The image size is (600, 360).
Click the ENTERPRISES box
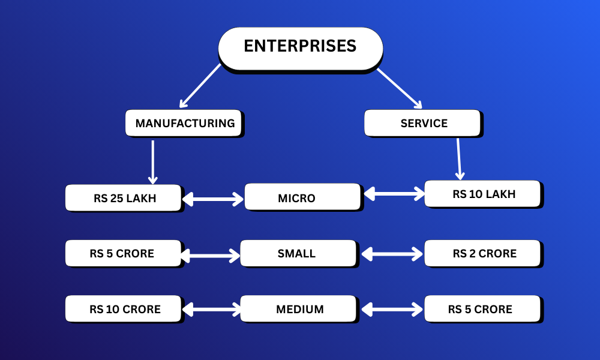click(300, 47)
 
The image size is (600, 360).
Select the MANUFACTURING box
click(184, 123)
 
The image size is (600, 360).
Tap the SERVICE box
click(423, 123)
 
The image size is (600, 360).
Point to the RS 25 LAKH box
click(123, 198)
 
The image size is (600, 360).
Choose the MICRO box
click(303, 197)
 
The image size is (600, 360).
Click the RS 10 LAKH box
click(484, 194)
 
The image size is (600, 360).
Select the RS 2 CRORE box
click(484, 253)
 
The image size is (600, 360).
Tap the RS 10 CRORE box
click(123, 309)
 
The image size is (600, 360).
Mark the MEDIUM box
click(301, 309)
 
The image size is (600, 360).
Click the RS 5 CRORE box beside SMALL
click(123, 253)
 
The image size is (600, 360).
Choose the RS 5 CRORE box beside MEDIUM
click(484, 309)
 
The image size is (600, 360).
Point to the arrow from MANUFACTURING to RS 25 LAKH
click(153, 162)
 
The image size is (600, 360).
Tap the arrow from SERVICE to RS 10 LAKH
click(459, 159)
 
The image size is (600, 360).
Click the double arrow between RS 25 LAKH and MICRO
click(213, 199)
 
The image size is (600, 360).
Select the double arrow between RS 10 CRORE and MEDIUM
click(211, 310)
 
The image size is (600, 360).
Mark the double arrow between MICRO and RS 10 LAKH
click(394, 193)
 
